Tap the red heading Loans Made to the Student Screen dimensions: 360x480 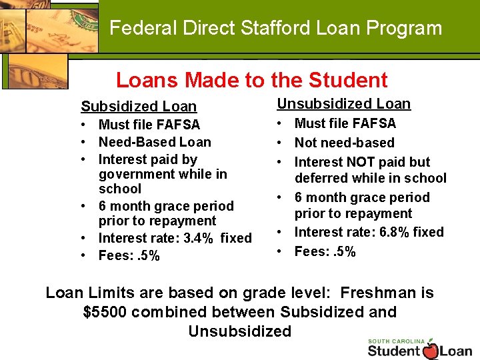click(251, 81)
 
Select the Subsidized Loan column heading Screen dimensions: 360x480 click(139, 106)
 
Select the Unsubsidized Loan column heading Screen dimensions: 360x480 click(344, 103)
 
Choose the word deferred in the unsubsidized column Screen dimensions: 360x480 click(323, 178)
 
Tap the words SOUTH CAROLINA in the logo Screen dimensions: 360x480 click(397, 341)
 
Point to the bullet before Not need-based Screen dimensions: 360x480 click(282, 143)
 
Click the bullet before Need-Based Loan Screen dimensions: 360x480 click(86, 143)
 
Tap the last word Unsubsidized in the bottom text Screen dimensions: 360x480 click(240, 331)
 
